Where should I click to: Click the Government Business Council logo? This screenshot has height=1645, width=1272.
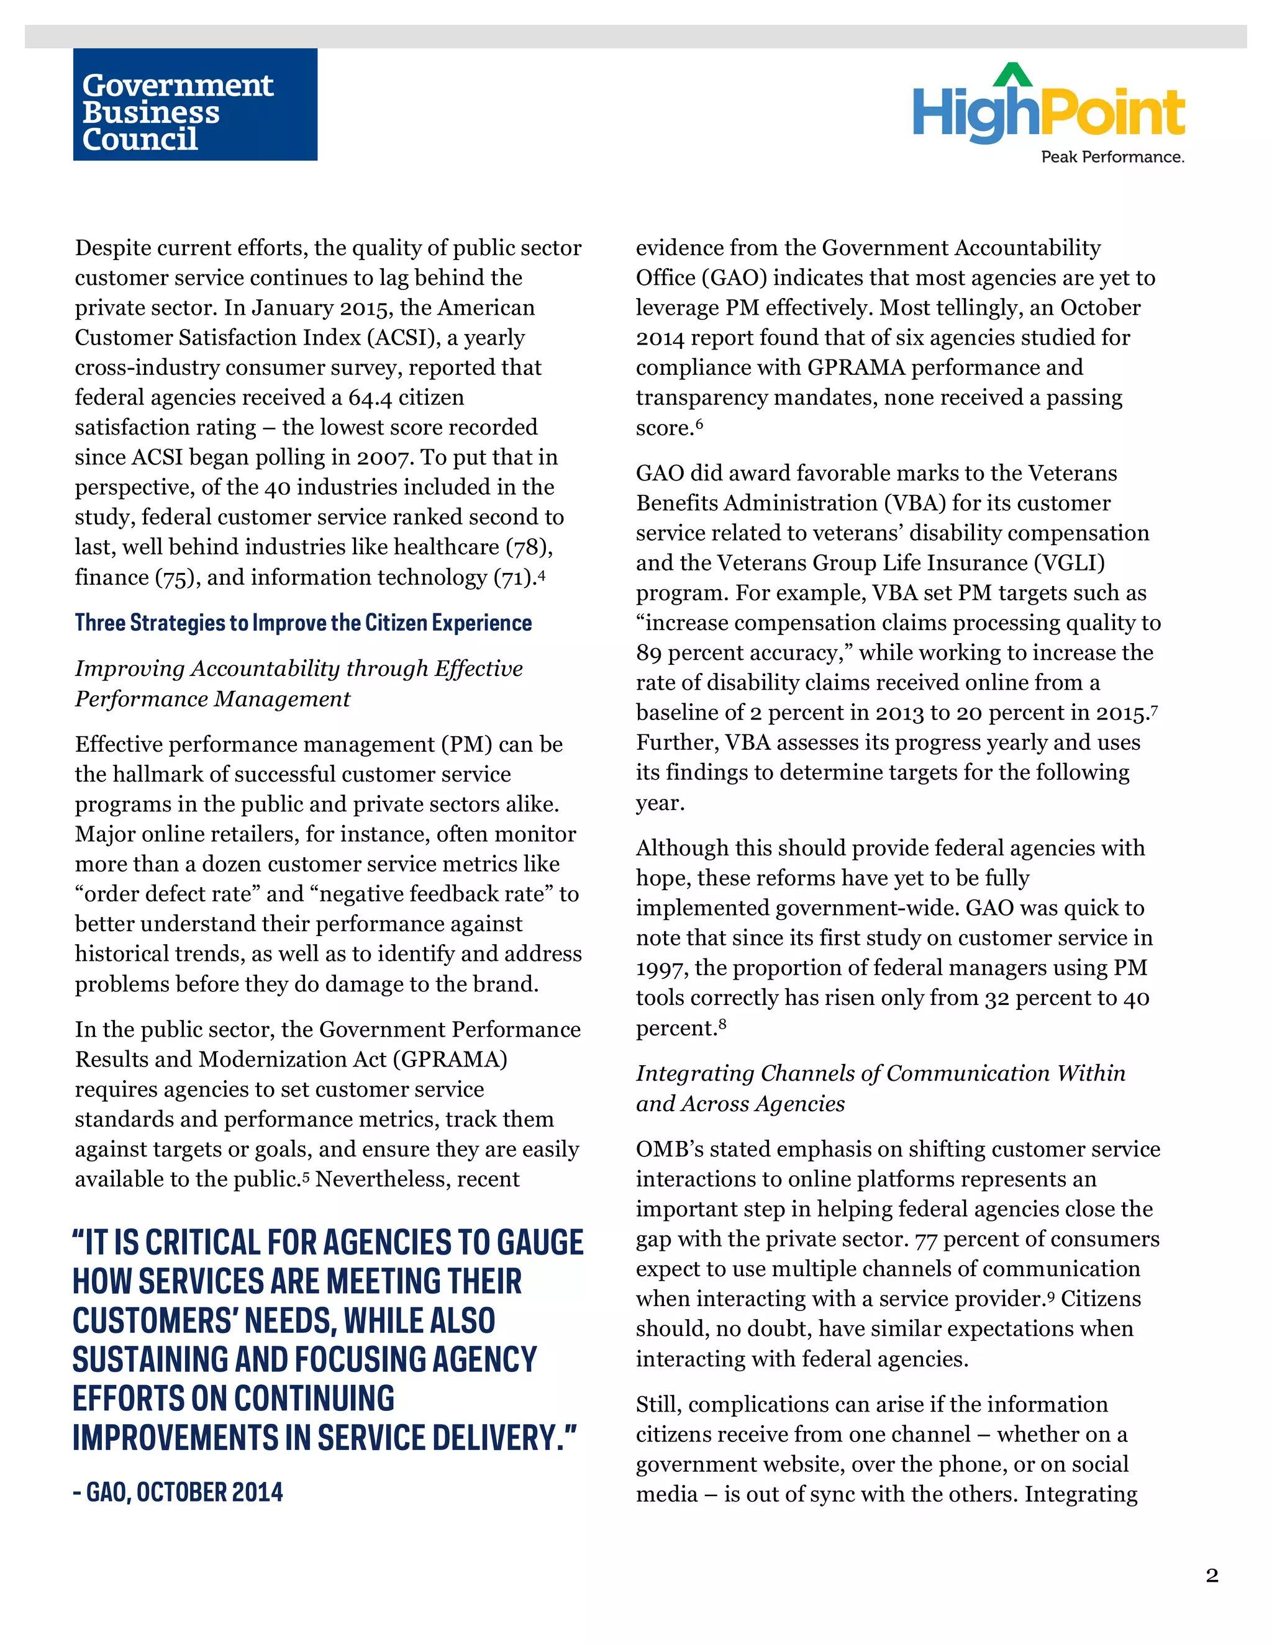click(x=194, y=105)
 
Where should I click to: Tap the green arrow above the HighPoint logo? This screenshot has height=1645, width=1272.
click(x=1013, y=74)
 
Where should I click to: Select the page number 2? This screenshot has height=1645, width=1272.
click(x=1212, y=1575)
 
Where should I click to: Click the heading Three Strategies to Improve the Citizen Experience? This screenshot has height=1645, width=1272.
click(x=303, y=623)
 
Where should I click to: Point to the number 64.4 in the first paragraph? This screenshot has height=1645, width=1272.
click(x=370, y=398)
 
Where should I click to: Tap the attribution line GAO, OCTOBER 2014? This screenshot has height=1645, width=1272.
click(x=178, y=1492)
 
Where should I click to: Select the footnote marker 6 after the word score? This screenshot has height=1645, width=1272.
click(x=699, y=423)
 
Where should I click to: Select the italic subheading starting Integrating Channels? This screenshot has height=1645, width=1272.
click(x=880, y=1088)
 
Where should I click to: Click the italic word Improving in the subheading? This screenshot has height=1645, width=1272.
click(x=130, y=669)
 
